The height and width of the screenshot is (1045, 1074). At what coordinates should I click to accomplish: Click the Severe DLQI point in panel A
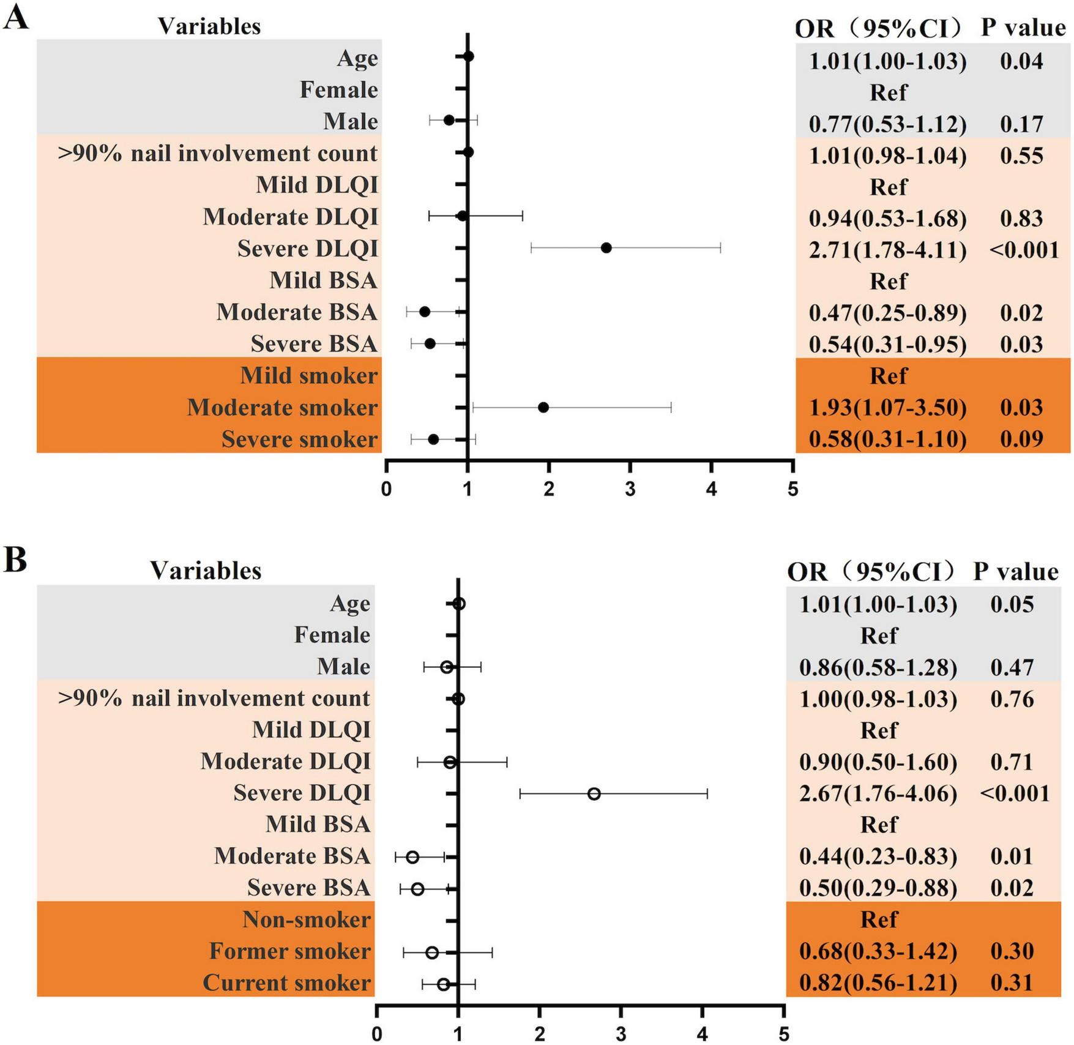click(606, 248)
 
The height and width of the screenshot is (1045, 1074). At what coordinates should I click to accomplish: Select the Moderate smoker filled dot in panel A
click(543, 407)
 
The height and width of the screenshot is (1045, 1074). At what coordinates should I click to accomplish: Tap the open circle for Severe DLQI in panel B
click(594, 794)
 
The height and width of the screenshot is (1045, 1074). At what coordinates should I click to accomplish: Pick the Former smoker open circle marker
click(432, 953)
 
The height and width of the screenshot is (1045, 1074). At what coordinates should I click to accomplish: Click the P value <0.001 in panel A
click(1024, 250)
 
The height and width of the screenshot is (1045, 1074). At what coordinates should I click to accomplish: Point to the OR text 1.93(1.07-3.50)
click(887, 408)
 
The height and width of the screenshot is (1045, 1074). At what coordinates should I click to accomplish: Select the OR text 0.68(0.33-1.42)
click(878, 951)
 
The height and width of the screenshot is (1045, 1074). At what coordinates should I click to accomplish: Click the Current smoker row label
click(286, 983)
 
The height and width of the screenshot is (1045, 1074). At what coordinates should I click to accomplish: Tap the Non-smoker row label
click(306, 920)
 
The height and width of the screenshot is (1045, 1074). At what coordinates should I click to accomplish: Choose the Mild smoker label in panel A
click(308, 375)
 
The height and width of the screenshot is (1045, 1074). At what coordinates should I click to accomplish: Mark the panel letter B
click(15, 560)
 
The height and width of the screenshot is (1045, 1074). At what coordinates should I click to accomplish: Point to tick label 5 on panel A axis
click(792, 490)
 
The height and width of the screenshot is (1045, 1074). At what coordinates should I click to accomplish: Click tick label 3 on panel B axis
click(621, 1035)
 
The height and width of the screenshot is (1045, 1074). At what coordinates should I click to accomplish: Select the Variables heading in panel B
click(206, 571)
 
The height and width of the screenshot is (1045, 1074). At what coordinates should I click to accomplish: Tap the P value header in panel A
click(1023, 28)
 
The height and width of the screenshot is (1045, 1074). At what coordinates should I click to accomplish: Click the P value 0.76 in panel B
click(1012, 699)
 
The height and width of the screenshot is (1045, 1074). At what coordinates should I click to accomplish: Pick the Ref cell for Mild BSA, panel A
click(888, 282)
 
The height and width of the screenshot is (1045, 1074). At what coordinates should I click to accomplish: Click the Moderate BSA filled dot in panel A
click(424, 312)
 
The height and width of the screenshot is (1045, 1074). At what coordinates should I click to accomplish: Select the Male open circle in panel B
click(447, 667)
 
